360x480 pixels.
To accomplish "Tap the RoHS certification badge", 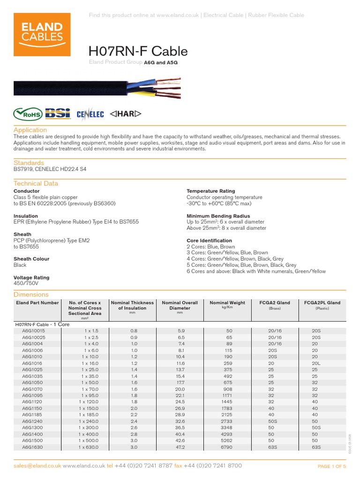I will tap(28, 113).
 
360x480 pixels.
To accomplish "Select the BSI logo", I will tap(58, 113).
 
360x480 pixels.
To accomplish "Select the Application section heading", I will tap(30, 130).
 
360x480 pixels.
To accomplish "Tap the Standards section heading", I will tap(29, 163).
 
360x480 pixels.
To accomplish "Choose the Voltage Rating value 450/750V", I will tap(26, 284).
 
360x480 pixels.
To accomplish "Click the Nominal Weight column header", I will tap(227, 303).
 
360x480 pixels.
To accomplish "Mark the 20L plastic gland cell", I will tap(316, 363).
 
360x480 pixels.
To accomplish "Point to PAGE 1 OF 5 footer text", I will tap(331, 466).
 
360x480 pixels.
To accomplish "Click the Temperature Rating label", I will tap(210, 191).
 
